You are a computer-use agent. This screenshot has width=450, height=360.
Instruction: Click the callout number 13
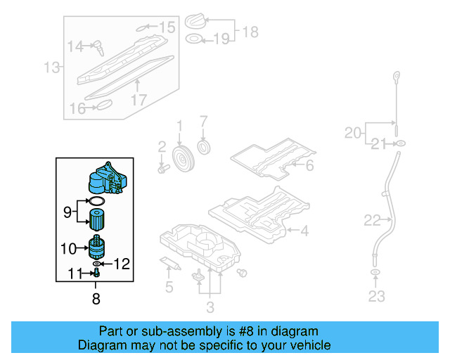pyautogui.click(x=52, y=68)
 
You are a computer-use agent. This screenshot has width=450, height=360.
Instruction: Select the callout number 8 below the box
pyautogui.click(x=96, y=299)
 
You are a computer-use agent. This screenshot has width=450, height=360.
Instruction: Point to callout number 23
pyautogui.click(x=376, y=297)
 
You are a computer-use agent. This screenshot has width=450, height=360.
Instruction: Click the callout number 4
pyautogui.click(x=304, y=230)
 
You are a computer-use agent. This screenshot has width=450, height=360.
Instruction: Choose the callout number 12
pyautogui.click(x=122, y=264)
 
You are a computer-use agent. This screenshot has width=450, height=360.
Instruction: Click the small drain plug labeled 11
pyautogui.click(x=95, y=273)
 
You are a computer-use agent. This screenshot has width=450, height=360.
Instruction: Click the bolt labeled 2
pyautogui.click(x=164, y=168)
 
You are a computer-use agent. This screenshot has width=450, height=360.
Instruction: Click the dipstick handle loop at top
pyautogui.click(x=397, y=76)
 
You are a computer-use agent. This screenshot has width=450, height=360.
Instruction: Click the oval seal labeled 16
pyautogui.click(x=103, y=106)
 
